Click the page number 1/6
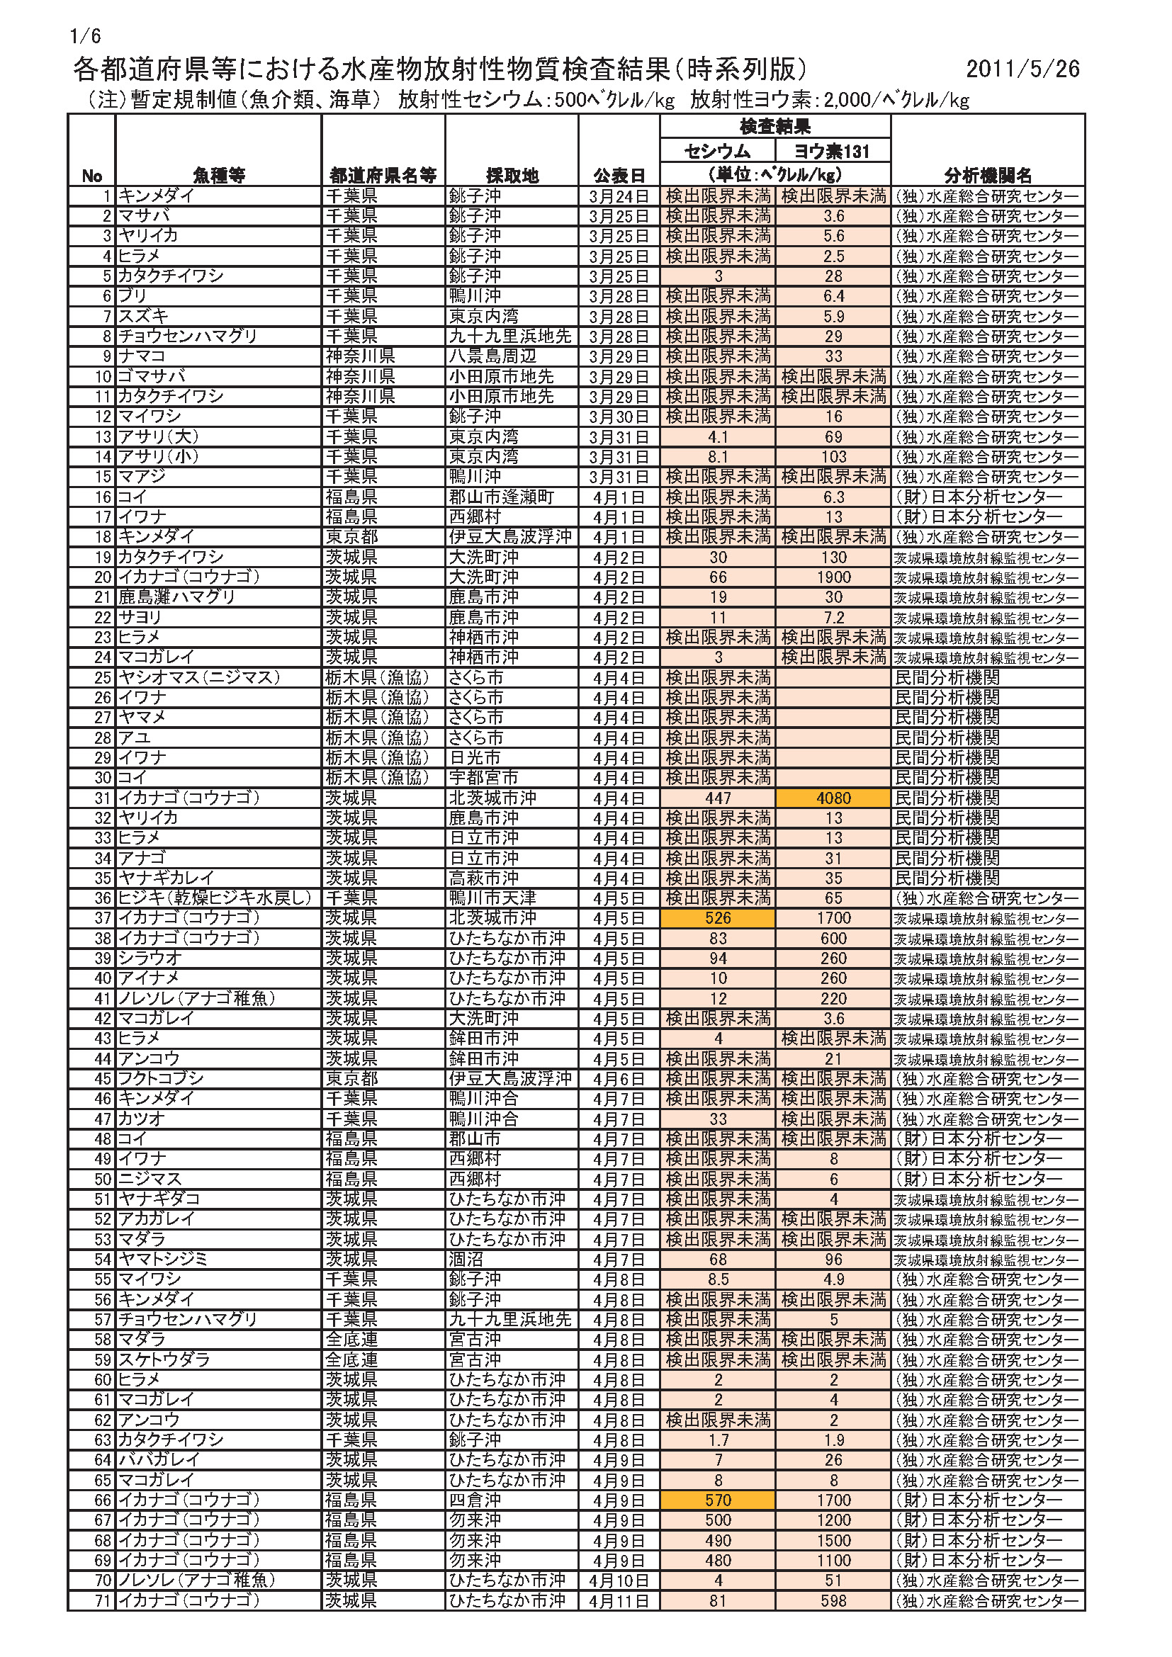pos(85,36)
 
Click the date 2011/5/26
pos(1022,69)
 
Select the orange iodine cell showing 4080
pos(833,798)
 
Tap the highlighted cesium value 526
pos(717,918)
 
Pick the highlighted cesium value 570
pos(717,1500)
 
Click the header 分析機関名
pos(987,176)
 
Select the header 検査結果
pos(774,127)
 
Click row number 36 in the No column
pos(103,898)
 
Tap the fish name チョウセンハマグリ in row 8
pos(188,337)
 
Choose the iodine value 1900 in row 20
pos(833,577)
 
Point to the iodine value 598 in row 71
pos(833,1601)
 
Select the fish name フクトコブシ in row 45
pos(161,1079)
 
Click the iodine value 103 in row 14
pos(833,457)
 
